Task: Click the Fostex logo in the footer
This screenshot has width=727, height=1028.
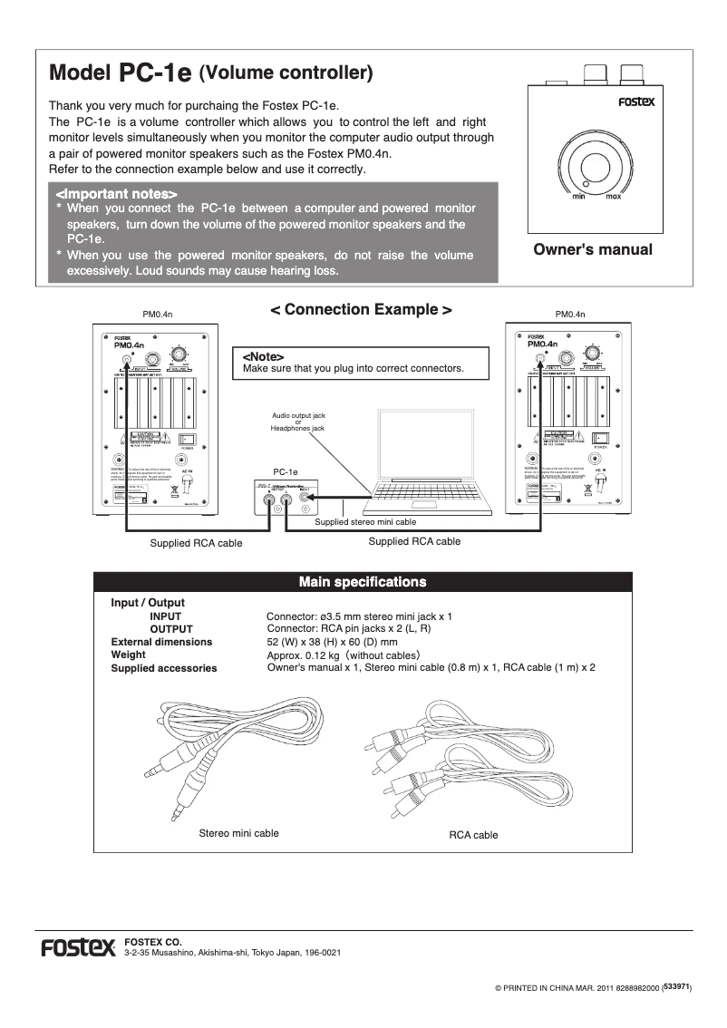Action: tap(78, 949)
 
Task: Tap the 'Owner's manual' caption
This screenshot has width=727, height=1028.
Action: tap(593, 249)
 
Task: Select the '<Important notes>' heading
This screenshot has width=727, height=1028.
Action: tap(116, 194)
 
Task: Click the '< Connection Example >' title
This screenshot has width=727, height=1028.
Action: tap(362, 310)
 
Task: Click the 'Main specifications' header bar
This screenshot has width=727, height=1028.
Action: tap(363, 581)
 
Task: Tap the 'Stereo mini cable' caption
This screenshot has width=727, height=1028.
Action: tap(238, 833)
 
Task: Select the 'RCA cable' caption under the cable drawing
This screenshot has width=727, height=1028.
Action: tap(473, 835)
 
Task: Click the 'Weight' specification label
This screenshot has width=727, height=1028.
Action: tap(128, 655)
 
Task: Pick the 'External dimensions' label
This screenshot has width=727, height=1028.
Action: tap(161, 642)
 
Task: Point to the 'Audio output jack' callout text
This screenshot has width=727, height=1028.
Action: tap(298, 414)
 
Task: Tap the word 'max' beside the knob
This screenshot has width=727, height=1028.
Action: tap(613, 196)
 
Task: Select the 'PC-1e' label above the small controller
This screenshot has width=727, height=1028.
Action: tap(286, 472)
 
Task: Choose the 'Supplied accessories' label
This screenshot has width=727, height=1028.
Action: tap(163, 668)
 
